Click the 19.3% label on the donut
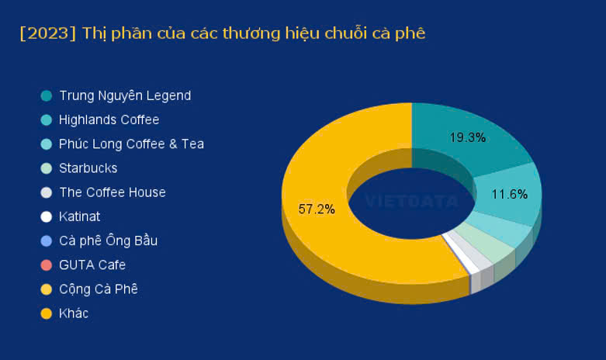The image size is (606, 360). [x=467, y=137]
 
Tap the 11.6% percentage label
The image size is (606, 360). [x=509, y=194]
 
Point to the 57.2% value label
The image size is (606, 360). [x=317, y=209]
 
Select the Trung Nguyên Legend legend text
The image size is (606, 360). [x=125, y=95]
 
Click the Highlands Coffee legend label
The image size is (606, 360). [x=109, y=119]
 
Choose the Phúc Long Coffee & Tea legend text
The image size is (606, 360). [x=131, y=144]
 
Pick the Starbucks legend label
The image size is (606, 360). [x=88, y=168]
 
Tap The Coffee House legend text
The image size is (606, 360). [x=113, y=192]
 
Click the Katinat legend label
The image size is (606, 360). [x=80, y=216]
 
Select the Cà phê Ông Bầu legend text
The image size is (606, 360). [x=108, y=241]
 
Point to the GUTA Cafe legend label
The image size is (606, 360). [x=92, y=265]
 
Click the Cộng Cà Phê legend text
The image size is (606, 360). [x=99, y=289]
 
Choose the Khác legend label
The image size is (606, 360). [x=74, y=313]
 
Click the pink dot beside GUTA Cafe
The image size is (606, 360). [x=47, y=265]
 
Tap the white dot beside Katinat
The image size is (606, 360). [x=47, y=216]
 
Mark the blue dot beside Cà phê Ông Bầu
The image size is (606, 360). [x=47, y=241]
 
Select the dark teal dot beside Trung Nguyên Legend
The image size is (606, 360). [x=47, y=95]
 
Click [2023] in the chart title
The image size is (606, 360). [x=48, y=33]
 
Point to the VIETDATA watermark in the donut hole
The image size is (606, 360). [x=411, y=201]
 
